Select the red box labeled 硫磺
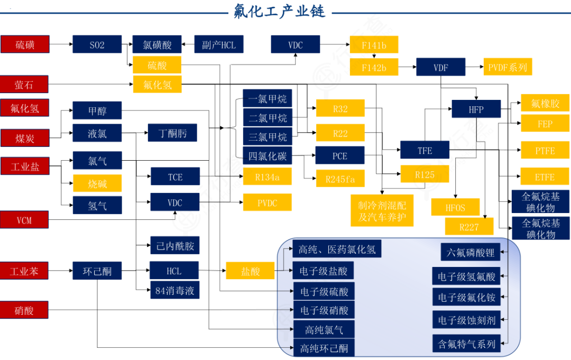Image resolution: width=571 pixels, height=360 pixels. [x=24, y=44]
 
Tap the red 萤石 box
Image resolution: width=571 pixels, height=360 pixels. [x=24, y=84]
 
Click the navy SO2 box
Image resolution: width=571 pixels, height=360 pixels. [x=97, y=44]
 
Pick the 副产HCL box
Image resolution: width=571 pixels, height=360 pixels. [x=219, y=44]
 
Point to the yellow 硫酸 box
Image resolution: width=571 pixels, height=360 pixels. [x=157, y=65]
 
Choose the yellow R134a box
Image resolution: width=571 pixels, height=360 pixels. [x=267, y=177]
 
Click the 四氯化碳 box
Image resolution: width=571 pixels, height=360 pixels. [x=268, y=156]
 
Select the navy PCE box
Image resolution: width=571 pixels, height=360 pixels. [x=340, y=156]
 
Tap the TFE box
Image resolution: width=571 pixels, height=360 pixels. [x=425, y=150]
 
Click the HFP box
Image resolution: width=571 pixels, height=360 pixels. [x=476, y=109]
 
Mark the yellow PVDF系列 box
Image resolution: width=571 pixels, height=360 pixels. [x=507, y=67]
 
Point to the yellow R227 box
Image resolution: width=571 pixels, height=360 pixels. [x=468, y=227]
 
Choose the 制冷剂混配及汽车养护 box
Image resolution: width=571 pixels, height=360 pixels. [x=382, y=211]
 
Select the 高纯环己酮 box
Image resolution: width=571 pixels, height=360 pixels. [x=324, y=348]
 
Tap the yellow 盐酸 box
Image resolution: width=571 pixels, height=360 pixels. [x=250, y=271]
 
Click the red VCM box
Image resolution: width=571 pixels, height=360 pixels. [x=24, y=219]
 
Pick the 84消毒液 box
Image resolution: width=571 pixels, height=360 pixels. [x=174, y=290]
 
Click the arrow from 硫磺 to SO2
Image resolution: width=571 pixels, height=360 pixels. [x=60, y=44]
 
